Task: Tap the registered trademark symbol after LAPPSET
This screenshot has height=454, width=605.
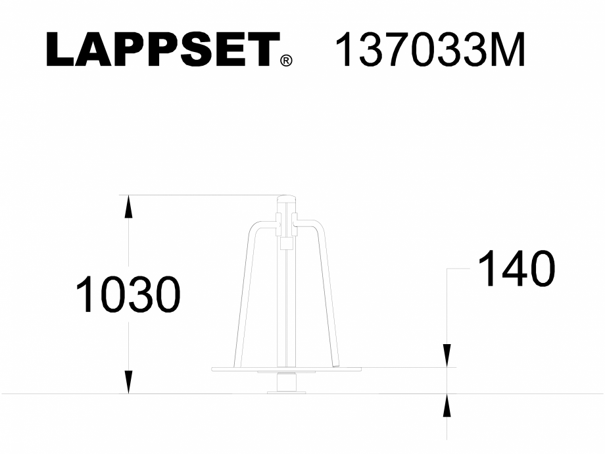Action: pos(286,61)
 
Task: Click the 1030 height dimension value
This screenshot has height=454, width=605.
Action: pos(128,295)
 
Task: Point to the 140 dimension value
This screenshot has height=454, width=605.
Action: pos(516,269)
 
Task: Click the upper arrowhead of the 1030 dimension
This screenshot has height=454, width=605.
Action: pos(129,206)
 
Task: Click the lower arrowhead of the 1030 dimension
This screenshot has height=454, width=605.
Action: pos(129,383)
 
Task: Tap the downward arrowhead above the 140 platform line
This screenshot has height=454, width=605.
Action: pos(447,356)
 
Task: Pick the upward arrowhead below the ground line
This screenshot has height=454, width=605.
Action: pos(447,405)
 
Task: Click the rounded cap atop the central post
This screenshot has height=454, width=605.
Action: pos(286,200)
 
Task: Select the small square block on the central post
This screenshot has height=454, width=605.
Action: pos(286,244)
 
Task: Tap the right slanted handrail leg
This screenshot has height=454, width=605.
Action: pos(330,296)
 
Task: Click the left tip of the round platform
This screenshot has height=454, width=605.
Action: pos(212,369)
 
